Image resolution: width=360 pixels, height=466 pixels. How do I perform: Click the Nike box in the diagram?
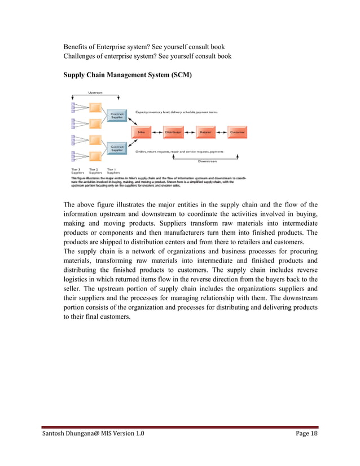pos(141,133)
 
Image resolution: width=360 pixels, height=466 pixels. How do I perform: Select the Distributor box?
pos(173,133)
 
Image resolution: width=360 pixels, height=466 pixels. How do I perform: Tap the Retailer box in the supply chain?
pos(205,133)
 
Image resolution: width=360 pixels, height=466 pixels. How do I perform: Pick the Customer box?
pos(237,133)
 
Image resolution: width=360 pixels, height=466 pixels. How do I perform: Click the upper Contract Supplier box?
pos(117,115)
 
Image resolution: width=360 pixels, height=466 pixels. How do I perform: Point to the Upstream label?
pos(95,93)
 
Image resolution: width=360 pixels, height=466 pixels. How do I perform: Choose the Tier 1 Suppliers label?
pos(113,170)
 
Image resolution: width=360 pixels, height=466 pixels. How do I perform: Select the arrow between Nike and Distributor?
pos(157,133)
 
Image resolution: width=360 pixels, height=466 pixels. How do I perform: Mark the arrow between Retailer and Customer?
pos(221,133)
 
